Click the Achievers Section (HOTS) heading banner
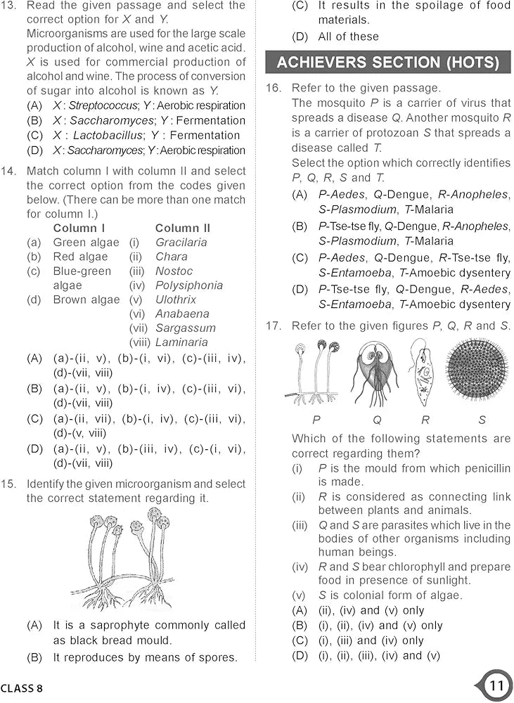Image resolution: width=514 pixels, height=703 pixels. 387,62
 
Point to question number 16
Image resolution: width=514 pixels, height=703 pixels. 273,89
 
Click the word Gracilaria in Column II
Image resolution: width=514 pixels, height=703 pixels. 181,243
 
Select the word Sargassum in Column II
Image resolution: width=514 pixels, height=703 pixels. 186,328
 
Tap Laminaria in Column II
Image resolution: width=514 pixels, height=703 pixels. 181,342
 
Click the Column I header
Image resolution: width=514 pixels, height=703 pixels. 79,228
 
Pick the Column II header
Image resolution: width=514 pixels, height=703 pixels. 182,228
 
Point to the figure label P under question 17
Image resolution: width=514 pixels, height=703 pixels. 316,420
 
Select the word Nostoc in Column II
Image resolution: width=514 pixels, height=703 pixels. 174,271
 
